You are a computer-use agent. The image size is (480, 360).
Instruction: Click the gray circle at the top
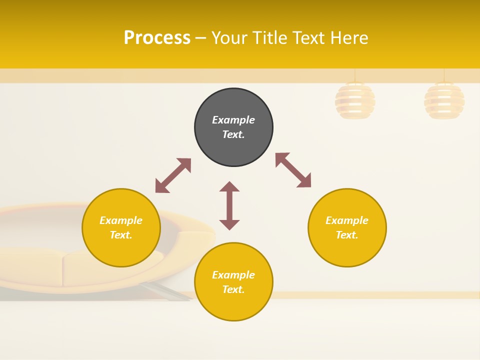[x=233, y=127]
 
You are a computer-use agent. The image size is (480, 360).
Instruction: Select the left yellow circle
[x=121, y=227]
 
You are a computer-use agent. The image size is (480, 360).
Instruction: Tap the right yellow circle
[x=347, y=227]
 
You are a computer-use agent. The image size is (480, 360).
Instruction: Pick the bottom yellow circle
[x=233, y=282]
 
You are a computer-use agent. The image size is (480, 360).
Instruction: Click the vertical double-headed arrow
[x=229, y=205]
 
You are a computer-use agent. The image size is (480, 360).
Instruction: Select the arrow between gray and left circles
[x=173, y=175]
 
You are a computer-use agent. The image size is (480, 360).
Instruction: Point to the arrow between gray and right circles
[x=293, y=170]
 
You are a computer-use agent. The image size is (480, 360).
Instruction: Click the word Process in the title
[x=157, y=37]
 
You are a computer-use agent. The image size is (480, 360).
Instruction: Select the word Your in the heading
[x=229, y=37]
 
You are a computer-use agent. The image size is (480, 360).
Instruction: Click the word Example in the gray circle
[x=233, y=120]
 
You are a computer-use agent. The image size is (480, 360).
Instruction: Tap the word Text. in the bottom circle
[x=233, y=289]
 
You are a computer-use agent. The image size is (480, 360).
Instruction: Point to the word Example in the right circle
[x=347, y=220]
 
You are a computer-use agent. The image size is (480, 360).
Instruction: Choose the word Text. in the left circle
[x=121, y=235]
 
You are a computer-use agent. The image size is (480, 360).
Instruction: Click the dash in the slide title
[x=201, y=38]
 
